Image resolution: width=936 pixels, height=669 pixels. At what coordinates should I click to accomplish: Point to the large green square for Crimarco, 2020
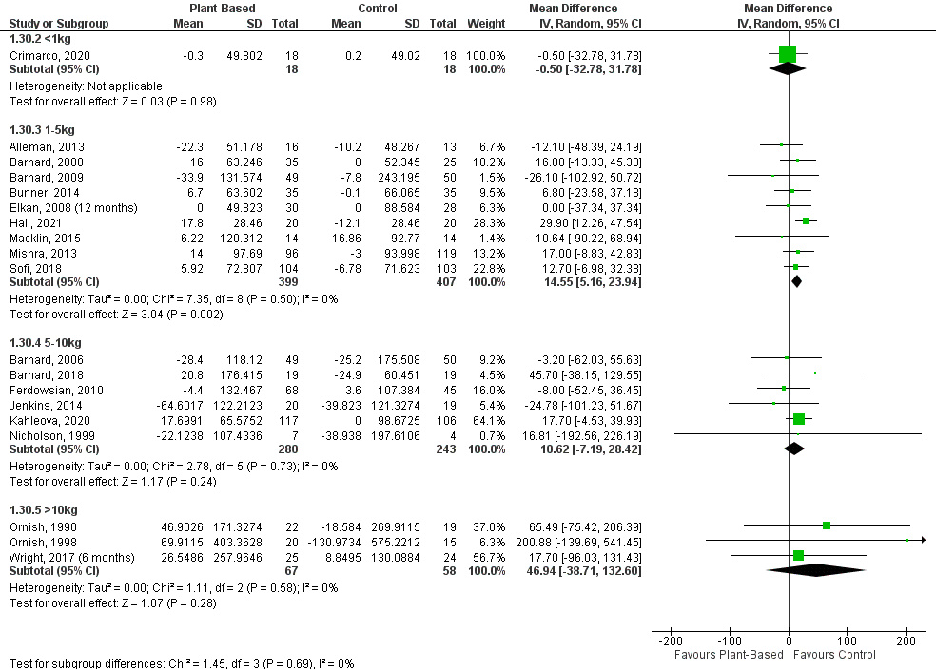pyautogui.click(x=787, y=54)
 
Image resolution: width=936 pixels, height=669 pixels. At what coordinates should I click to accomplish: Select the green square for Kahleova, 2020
pyautogui.click(x=799, y=419)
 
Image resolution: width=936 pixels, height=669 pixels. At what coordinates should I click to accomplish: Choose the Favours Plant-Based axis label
pyautogui.click(x=729, y=654)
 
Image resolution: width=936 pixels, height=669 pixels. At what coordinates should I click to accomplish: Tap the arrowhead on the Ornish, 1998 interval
pyautogui.click(x=923, y=540)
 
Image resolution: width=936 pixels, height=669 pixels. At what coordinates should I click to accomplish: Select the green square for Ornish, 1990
pyautogui.click(x=827, y=526)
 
